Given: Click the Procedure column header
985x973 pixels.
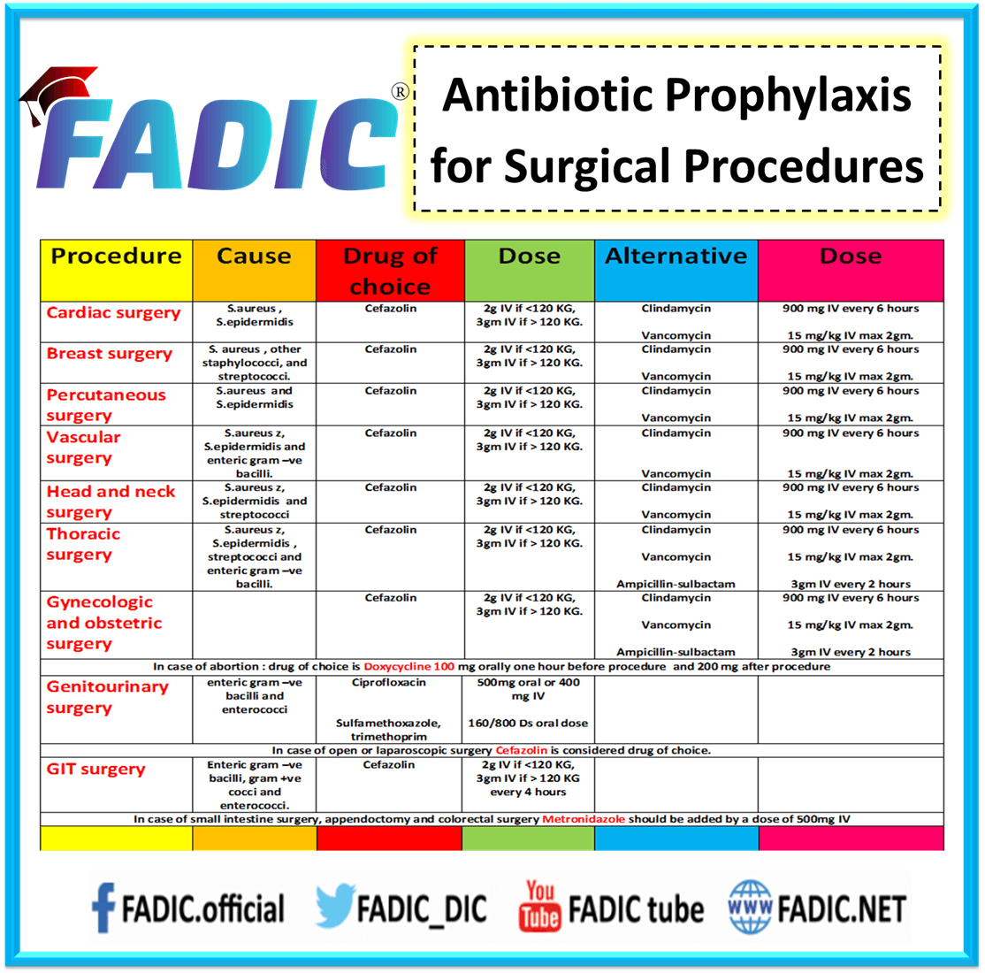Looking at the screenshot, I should pyautogui.click(x=116, y=257).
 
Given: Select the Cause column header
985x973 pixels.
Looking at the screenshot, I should pyautogui.click(x=254, y=257).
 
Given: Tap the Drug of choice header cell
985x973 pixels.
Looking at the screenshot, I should pyautogui.click(x=390, y=271).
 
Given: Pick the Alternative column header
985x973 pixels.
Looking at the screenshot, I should pyautogui.click(x=676, y=257).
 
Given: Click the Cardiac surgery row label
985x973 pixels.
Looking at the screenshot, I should pyautogui.click(x=113, y=313).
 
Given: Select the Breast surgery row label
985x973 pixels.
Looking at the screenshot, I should pyautogui.click(x=110, y=354).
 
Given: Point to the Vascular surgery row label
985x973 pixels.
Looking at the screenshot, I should pyautogui.click(x=84, y=448).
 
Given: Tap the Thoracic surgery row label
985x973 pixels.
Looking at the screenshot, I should pyautogui.click(x=83, y=544).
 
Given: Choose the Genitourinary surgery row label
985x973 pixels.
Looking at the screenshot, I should pyautogui.click(x=107, y=697).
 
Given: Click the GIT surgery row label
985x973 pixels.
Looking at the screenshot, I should pyautogui.click(x=95, y=770).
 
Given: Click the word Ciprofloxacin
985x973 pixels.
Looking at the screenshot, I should pyautogui.click(x=389, y=683).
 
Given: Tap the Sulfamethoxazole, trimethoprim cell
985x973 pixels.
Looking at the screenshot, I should pyautogui.click(x=388, y=730).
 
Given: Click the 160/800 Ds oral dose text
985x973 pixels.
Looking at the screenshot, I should pyautogui.click(x=528, y=724).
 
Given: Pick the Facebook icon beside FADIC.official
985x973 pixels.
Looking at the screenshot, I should pyautogui.click(x=103, y=909).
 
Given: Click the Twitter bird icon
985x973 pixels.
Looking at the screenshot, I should pyautogui.click(x=334, y=908).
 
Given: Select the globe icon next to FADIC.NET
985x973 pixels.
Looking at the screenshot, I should pyautogui.click(x=750, y=908).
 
